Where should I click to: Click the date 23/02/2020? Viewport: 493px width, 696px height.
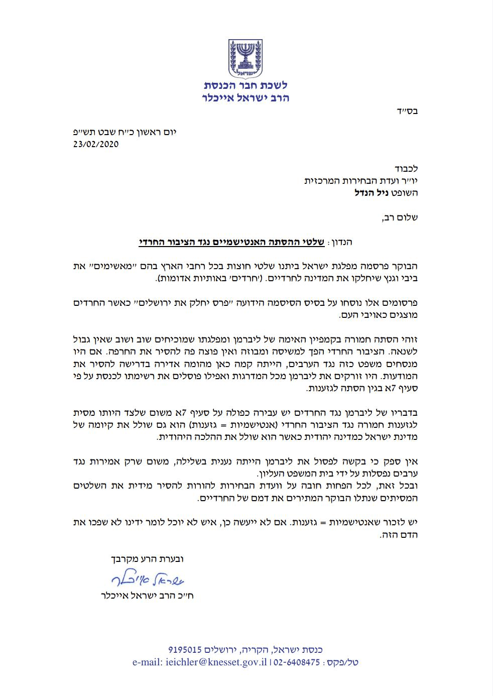tap(95, 144)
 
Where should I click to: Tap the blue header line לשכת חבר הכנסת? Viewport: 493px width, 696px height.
tap(246, 85)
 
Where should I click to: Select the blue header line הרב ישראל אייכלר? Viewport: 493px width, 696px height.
tap(246, 97)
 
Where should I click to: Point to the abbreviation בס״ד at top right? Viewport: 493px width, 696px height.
tap(407, 111)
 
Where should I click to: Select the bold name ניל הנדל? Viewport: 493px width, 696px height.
tap(371, 193)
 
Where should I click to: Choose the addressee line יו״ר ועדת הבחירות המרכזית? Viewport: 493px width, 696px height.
tap(361, 181)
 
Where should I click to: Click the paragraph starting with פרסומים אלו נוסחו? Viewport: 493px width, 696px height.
tap(246, 309)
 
